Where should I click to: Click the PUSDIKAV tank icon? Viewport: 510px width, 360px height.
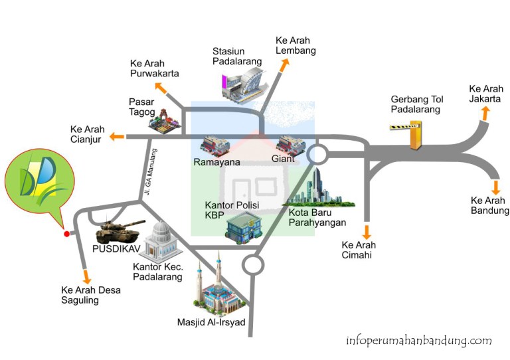tap(120, 231)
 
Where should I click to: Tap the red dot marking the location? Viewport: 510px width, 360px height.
tap(66, 234)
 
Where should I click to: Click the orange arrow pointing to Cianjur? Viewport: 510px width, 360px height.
tap(117, 137)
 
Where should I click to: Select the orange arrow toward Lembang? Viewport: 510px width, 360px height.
tap(284, 64)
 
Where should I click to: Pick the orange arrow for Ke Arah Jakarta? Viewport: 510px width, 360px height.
tap(485, 114)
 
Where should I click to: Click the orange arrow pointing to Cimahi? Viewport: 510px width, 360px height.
tap(365, 232)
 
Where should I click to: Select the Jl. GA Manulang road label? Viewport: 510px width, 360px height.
tap(148, 173)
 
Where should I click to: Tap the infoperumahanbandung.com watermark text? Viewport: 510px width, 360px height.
tap(418, 341)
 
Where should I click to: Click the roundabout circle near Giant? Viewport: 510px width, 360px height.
tap(317, 155)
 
